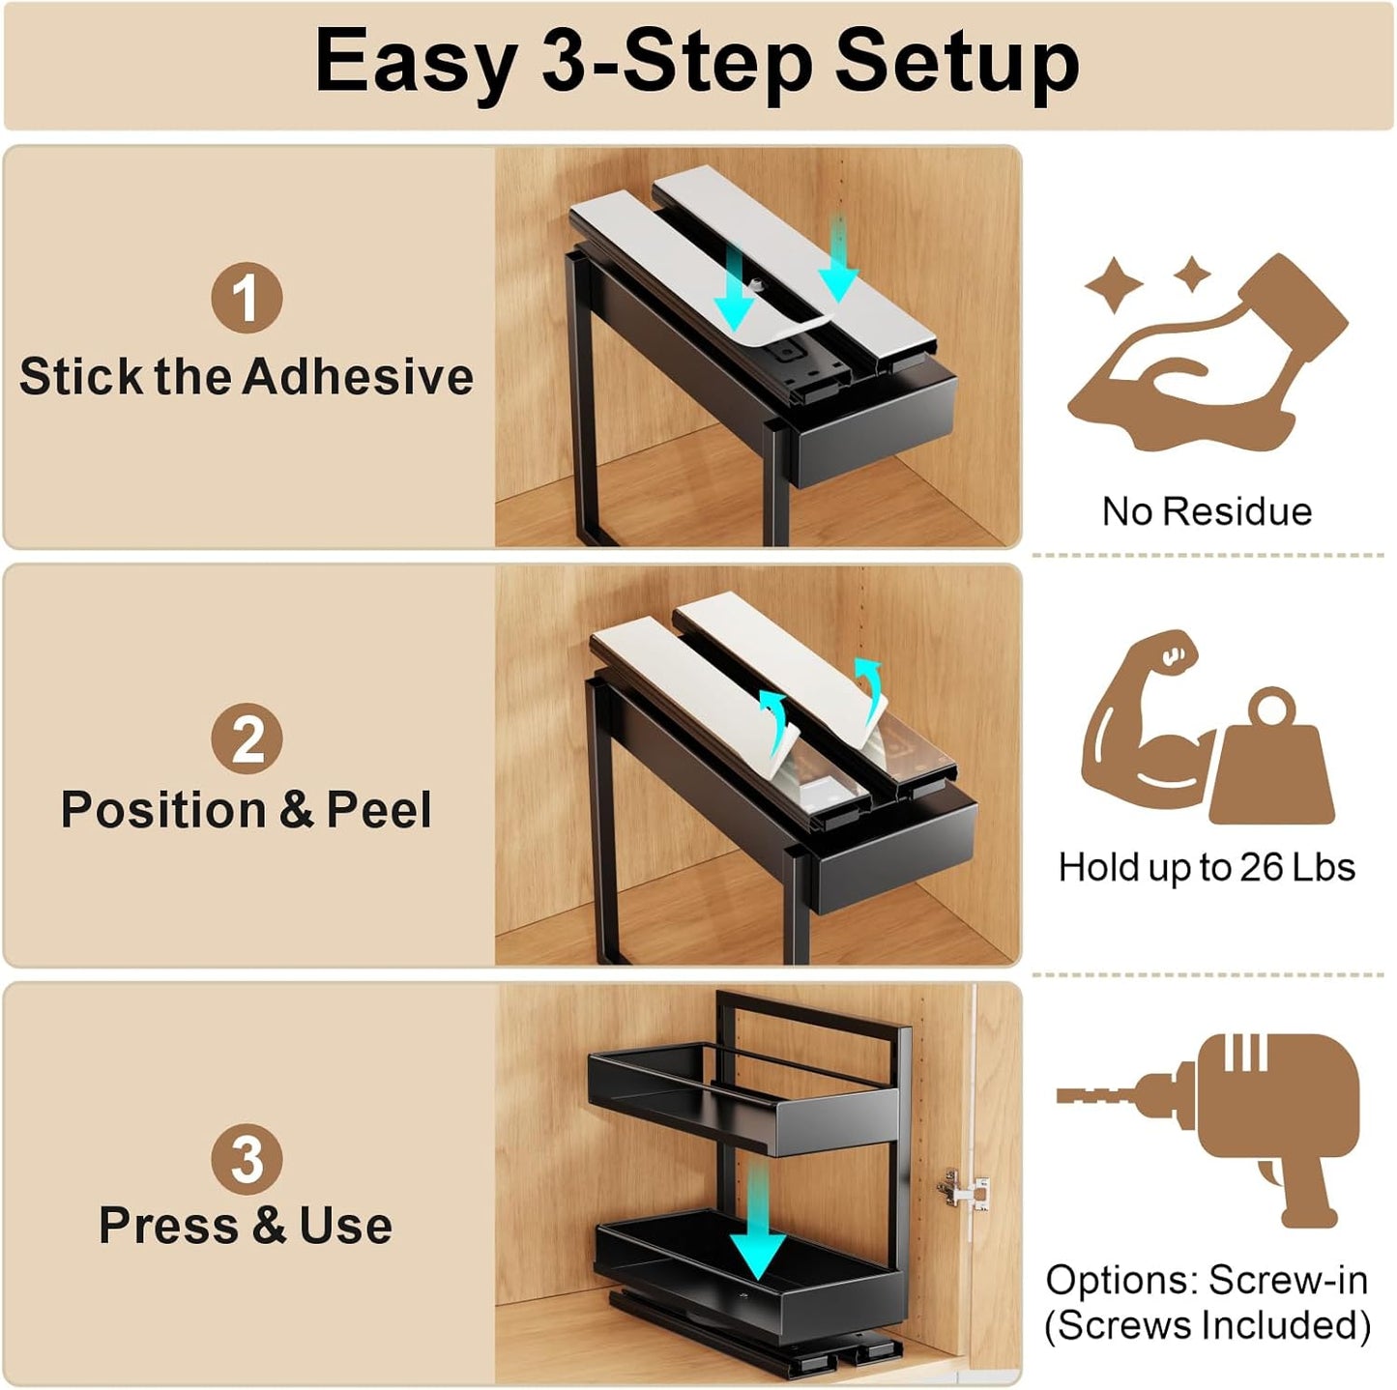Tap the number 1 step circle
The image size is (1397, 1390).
(247, 298)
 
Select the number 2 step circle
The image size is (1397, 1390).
(247, 738)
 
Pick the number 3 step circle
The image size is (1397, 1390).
(247, 1158)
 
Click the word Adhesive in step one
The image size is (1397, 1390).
(358, 377)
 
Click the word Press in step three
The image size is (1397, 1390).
(168, 1227)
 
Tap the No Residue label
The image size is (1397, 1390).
(1207, 511)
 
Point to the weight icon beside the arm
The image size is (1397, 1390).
(1272, 758)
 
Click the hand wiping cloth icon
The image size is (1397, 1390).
(1208, 353)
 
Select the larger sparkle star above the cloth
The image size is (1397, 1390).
(1115, 283)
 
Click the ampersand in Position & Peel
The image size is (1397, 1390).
(297, 809)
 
